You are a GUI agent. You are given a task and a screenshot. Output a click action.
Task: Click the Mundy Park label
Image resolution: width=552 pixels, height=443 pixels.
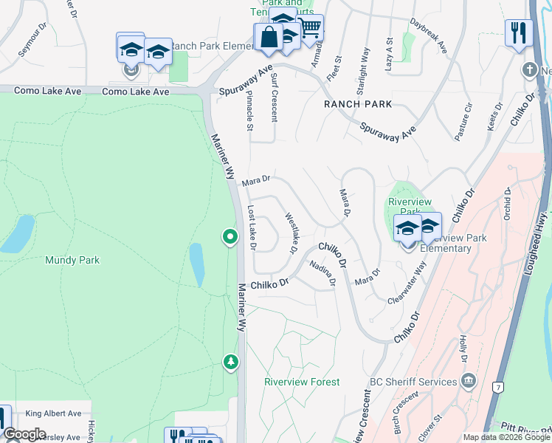tap(72, 260)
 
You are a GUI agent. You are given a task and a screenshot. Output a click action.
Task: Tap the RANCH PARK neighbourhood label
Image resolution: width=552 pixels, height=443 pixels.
tap(357, 104)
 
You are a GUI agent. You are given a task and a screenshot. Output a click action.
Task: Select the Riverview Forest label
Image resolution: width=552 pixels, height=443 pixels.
tap(303, 382)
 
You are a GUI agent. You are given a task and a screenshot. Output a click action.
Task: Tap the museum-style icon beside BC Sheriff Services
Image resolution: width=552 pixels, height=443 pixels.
tap(468, 381)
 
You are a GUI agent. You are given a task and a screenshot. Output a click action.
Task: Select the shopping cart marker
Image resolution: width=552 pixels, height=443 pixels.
tap(311, 27)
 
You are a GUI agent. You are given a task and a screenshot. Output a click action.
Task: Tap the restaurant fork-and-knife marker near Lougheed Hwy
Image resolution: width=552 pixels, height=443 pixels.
tap(520, 32)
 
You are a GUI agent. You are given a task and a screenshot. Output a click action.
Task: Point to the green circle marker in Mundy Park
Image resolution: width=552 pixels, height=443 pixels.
tap(230, 237)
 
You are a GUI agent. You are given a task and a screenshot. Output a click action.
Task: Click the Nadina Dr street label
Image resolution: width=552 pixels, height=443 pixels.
tap(322, 272)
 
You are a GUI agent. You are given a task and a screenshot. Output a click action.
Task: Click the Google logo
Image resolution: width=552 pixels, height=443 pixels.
tap(24, 434)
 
